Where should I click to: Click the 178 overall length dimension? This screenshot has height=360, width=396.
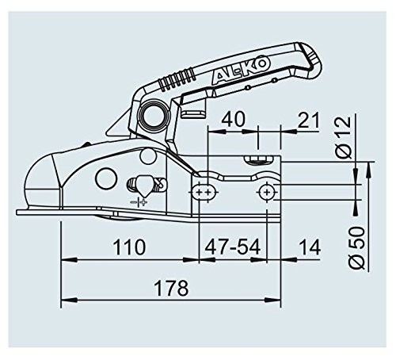(171, 288)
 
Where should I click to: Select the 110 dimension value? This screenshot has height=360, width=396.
(129, 247)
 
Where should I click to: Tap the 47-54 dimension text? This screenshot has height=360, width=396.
(233, 247)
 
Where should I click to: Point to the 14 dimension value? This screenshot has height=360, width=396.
(310, 247)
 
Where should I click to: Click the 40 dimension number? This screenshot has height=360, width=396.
(234, 119)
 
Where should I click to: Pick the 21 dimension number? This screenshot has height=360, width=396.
(308, 120)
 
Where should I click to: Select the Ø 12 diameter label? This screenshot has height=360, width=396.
(345, 137)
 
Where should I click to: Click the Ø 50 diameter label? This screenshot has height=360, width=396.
(356, 247)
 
